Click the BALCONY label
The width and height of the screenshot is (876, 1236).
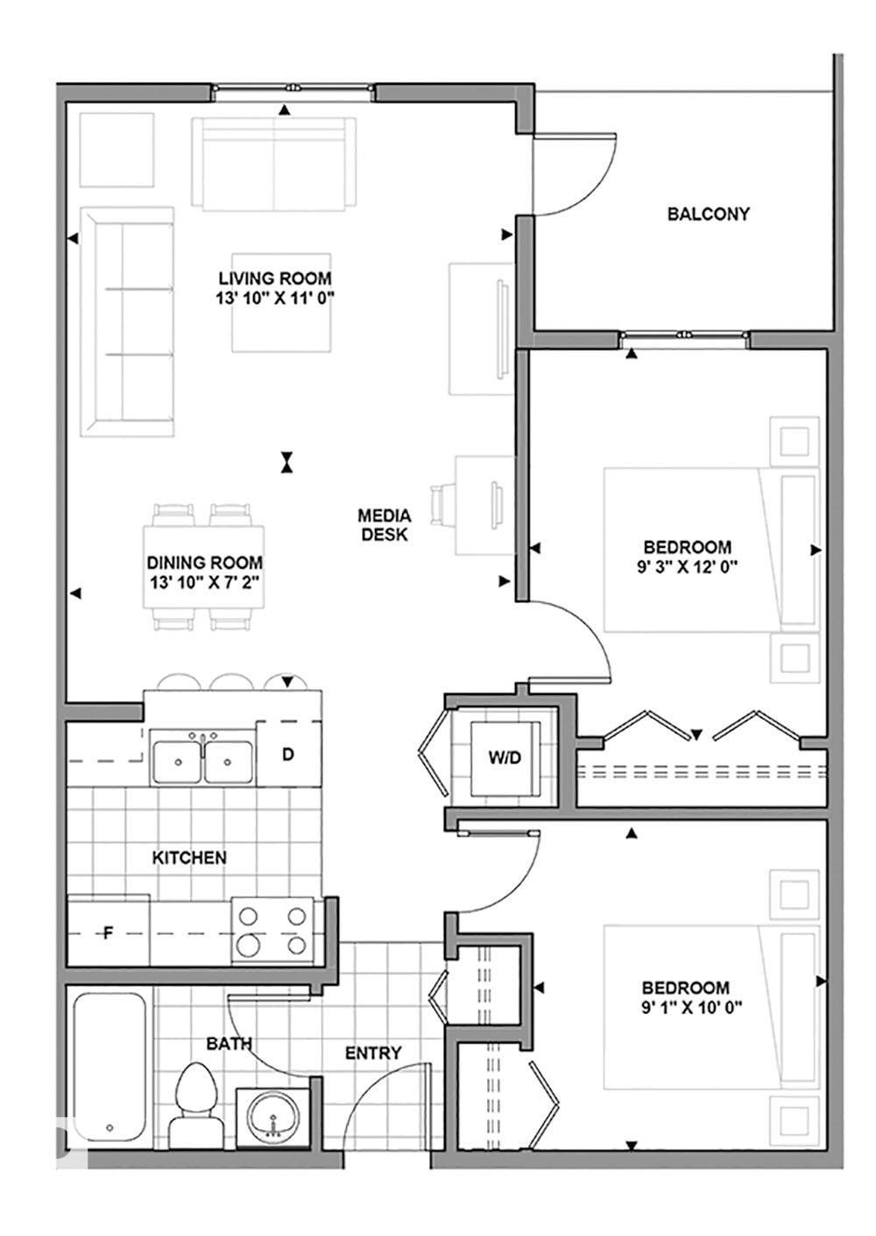708,214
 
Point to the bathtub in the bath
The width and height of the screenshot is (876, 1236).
109,1066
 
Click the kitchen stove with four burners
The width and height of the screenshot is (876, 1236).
272,931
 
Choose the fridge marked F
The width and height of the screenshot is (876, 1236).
109,931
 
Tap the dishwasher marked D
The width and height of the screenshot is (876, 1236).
288,754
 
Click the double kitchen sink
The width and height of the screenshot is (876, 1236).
202,759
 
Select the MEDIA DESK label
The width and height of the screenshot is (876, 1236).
385,524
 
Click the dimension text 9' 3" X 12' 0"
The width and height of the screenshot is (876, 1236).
688,566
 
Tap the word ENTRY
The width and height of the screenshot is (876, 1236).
373,1053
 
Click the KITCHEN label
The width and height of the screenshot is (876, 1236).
189,858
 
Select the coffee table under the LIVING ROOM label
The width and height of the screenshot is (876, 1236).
281,302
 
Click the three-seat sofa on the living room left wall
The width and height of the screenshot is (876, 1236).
127,321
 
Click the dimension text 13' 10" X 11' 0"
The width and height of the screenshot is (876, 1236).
276,298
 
